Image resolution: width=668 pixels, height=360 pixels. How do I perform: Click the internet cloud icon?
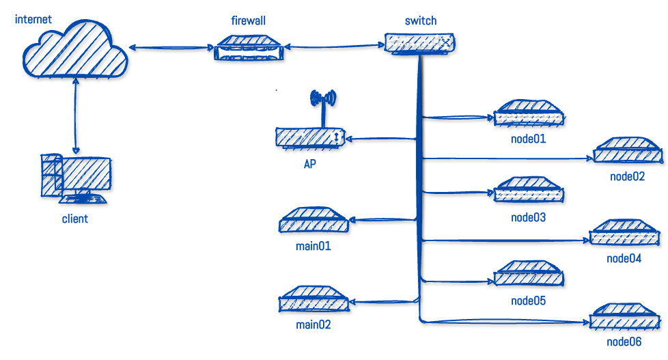click(x=74, y=52)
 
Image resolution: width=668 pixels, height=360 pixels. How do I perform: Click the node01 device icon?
click(x=529, y=114)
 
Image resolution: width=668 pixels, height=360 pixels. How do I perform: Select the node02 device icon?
click(x=628, y=152)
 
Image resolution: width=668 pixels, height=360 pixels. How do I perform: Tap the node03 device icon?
click(x=529, y=192)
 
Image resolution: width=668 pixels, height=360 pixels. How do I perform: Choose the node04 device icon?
click(x=625, y=234)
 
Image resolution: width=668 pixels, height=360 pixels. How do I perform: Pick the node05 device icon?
click(x=529, y=275)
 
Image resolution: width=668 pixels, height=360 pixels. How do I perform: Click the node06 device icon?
click(x=625, y=318)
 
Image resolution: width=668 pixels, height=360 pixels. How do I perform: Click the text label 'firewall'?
click(x=248, y=21)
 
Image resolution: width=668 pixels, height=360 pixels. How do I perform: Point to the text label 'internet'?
click(x=33, y=19)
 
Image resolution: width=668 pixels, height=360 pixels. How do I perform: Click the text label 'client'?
click(x=75, y=219)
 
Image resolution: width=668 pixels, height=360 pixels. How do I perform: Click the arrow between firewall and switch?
click(x=333, y=47)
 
